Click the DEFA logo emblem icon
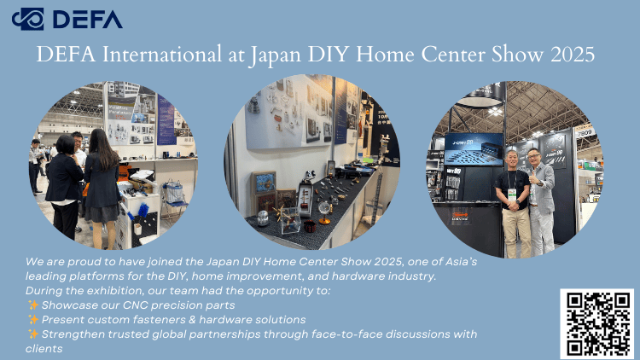pos(28,19)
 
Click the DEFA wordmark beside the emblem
pos(88,19)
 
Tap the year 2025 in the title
pos(573,55)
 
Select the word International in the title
pos(161,55)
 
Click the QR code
pos(596,323)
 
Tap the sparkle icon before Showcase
pos(33,305)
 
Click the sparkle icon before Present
pos(33,319)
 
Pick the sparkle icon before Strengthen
pos(33,334)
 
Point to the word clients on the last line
pos(44,349)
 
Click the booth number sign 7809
pos(585,132)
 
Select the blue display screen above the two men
pos(474,149)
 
